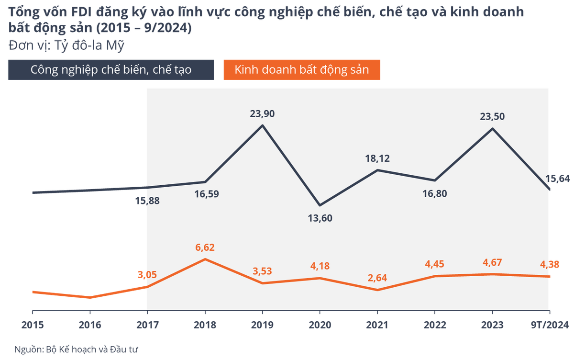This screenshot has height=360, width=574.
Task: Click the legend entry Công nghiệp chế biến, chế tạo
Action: pos(111,69)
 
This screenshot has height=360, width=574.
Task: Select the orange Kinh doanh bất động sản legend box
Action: pos(302,69)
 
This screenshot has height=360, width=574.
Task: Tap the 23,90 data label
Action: pos(263,114)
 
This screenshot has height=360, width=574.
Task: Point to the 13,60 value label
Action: pos(320,218)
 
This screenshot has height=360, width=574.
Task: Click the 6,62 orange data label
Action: pos(205,247)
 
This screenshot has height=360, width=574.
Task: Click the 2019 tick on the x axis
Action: pos(262,325)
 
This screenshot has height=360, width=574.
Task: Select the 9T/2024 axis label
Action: pos(551,325)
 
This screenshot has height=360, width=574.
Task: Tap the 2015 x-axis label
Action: pos(33,325)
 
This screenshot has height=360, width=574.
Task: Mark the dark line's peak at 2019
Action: pos(263,126)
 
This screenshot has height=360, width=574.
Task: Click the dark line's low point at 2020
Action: pos(320,205)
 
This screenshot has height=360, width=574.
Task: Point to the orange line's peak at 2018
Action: pos(205,259)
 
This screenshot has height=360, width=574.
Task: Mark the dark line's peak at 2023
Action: pos(492,128)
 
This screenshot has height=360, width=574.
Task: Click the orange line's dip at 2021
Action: pos(377,290)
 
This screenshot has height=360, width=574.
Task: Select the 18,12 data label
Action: pos(377,158)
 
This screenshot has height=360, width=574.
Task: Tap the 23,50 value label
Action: pos(492,116)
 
